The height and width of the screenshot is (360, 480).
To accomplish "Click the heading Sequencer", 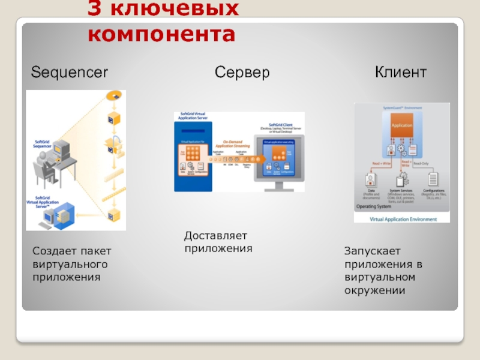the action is click(70, 73).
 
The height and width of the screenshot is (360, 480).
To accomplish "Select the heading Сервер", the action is click(242, 73).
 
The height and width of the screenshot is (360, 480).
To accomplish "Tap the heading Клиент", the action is click(401, 73).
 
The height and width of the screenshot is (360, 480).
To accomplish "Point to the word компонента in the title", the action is click(161, 34).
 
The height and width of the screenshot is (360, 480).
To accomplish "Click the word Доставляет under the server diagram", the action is click(215, 236).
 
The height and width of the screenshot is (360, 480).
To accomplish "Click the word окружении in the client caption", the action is click(375, 291).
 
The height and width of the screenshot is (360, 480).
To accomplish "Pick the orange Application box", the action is click(401, 125).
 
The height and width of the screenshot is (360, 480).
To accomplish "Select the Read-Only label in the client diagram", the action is click(421, 163).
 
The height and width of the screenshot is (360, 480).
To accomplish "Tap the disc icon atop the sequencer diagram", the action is click(112, 96).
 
